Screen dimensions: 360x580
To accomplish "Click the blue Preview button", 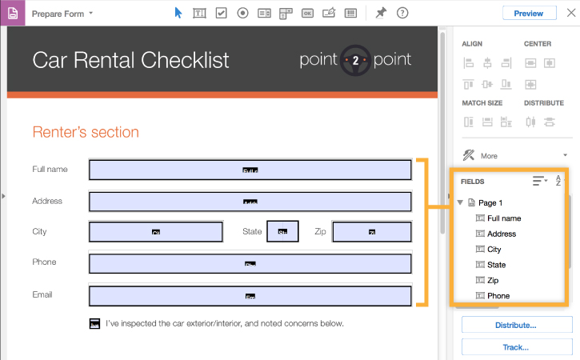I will coord(529,13).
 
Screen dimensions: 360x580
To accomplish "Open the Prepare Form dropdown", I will coord(62,14).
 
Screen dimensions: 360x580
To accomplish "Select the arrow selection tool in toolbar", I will coord(178,13).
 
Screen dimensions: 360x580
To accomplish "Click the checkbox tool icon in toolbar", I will coord(221,13).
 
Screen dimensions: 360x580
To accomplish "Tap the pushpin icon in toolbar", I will coord(381,13).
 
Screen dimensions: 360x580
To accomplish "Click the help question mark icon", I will coord(402,13).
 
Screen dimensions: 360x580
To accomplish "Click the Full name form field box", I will coord(250,170).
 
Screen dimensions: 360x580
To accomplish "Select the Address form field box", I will coord(250,201).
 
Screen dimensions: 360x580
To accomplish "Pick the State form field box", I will coord(282,231).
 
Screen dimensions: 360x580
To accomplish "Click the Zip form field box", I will coord(371,231).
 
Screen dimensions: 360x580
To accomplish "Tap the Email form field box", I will coord(250,295).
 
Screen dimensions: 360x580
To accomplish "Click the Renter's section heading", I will coord(86,132).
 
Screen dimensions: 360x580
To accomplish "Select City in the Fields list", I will coord(494,249).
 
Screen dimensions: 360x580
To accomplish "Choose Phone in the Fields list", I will coord(498,295).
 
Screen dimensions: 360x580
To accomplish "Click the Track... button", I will coord(516,348).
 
